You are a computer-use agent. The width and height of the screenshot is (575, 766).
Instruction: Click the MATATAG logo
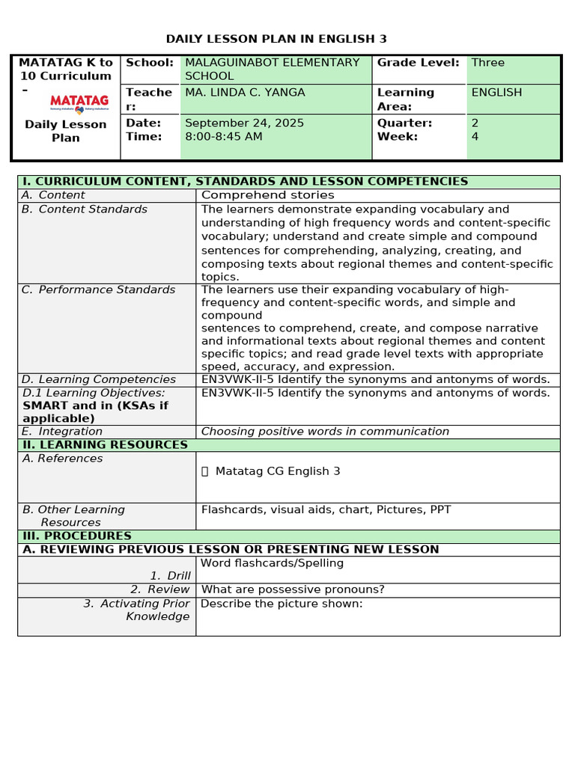click(x=79, y=102)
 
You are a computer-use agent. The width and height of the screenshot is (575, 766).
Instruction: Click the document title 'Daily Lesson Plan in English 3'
click(x=276, y=39)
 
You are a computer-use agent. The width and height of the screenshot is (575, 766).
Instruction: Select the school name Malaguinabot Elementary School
click(x=273, y=69)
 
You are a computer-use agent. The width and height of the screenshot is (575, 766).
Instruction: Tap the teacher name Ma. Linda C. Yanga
click(x=245, y=93)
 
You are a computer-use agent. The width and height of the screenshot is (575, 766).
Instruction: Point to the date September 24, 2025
click(x=244, y=123)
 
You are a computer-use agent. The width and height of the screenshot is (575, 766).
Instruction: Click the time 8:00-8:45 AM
click(x=224, y=136)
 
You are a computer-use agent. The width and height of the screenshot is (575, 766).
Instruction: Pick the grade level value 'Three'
click(x=488, y=63)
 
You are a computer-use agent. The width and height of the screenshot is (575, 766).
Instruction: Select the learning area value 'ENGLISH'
click(x=496, y=93)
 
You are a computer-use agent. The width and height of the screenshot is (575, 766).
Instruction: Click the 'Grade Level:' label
click(x=418, y=63)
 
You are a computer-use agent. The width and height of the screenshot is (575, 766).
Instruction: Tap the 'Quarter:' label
click(x=404, y=123)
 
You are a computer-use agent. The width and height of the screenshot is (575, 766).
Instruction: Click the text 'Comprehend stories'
click(x=268, y=195)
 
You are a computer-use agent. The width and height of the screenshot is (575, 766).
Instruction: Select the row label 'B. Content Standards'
click(x=85, y=209)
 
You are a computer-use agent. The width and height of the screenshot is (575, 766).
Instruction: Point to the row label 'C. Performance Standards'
click(x=98, y=289)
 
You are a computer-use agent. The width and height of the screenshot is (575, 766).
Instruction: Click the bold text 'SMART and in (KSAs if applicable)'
click(x=95, y=412)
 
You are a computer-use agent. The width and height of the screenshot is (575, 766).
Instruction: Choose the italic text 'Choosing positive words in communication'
click(x=325, y=432)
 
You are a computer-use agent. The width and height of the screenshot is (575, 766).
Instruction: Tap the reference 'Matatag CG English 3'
click(x=277, y=471)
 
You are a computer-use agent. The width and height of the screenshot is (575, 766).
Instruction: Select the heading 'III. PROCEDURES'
click(x=77, y=536)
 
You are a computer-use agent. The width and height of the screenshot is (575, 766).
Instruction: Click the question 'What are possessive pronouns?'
click(x=293, y=589)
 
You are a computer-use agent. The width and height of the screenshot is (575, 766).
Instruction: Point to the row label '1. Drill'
click(x=170, y=575)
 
